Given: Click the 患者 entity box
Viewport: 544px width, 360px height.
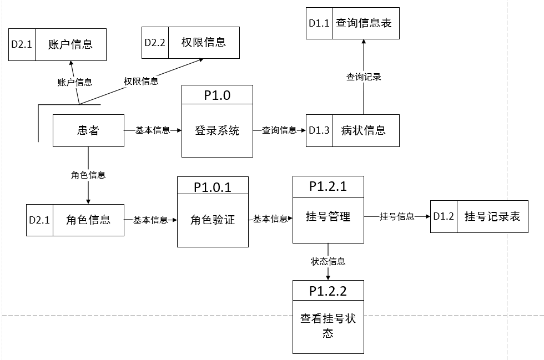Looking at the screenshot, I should (x=88, y=131).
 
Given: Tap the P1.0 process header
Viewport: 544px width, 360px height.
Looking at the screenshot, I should (x=217, y=95).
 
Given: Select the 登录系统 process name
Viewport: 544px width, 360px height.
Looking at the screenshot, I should (x=217, y=131).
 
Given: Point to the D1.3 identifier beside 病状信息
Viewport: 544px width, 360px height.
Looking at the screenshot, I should (x=319, y=131).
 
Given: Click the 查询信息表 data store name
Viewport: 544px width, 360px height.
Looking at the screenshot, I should (x=366, y=24).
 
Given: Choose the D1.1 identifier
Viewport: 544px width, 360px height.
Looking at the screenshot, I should (x=319, y=24).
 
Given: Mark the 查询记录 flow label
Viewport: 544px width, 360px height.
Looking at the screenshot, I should (x=364, y=77).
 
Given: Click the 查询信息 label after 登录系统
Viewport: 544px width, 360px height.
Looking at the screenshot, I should (x=279, y=130).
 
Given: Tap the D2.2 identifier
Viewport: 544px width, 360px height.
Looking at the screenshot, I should (x=155, y=43).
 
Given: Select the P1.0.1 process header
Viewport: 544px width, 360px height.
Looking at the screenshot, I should (x=213, y=187).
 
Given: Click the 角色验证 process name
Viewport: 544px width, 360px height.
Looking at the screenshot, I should (x=213, y=220).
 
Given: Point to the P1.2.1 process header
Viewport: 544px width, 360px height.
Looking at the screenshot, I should (x=328, y=186).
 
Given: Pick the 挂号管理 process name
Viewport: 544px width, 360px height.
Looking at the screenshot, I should (x=328, y=217).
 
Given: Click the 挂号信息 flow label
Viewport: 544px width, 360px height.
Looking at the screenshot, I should (x=397, y=217).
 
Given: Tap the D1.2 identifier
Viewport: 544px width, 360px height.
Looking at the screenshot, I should (x=444, y=217).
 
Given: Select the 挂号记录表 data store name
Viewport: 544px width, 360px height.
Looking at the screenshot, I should (x=492, y=217).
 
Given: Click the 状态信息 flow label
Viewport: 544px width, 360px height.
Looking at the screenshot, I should (x=328, y=261).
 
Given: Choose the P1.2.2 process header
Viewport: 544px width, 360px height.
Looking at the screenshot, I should (x=328, y=290).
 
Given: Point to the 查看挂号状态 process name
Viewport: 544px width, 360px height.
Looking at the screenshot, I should (x=328, y=326).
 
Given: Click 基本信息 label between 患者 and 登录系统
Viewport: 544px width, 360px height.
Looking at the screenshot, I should (x=153, y=130).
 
